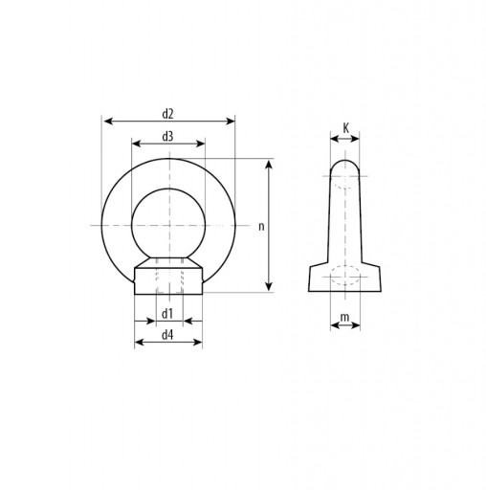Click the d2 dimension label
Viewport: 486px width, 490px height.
click(167, 114)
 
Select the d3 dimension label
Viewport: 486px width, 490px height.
click(167, 137)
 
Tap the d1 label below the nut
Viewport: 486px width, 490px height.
click(167, 314)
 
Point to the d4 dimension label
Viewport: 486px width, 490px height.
click(167, 335)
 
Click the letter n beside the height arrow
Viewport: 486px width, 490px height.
click(261, 227)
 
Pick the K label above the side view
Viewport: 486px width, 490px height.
click(346, 129)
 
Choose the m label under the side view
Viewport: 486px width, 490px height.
click(344, 318)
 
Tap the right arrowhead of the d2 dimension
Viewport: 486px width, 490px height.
click(231, 122)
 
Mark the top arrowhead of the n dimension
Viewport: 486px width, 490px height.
click(269, 165)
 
